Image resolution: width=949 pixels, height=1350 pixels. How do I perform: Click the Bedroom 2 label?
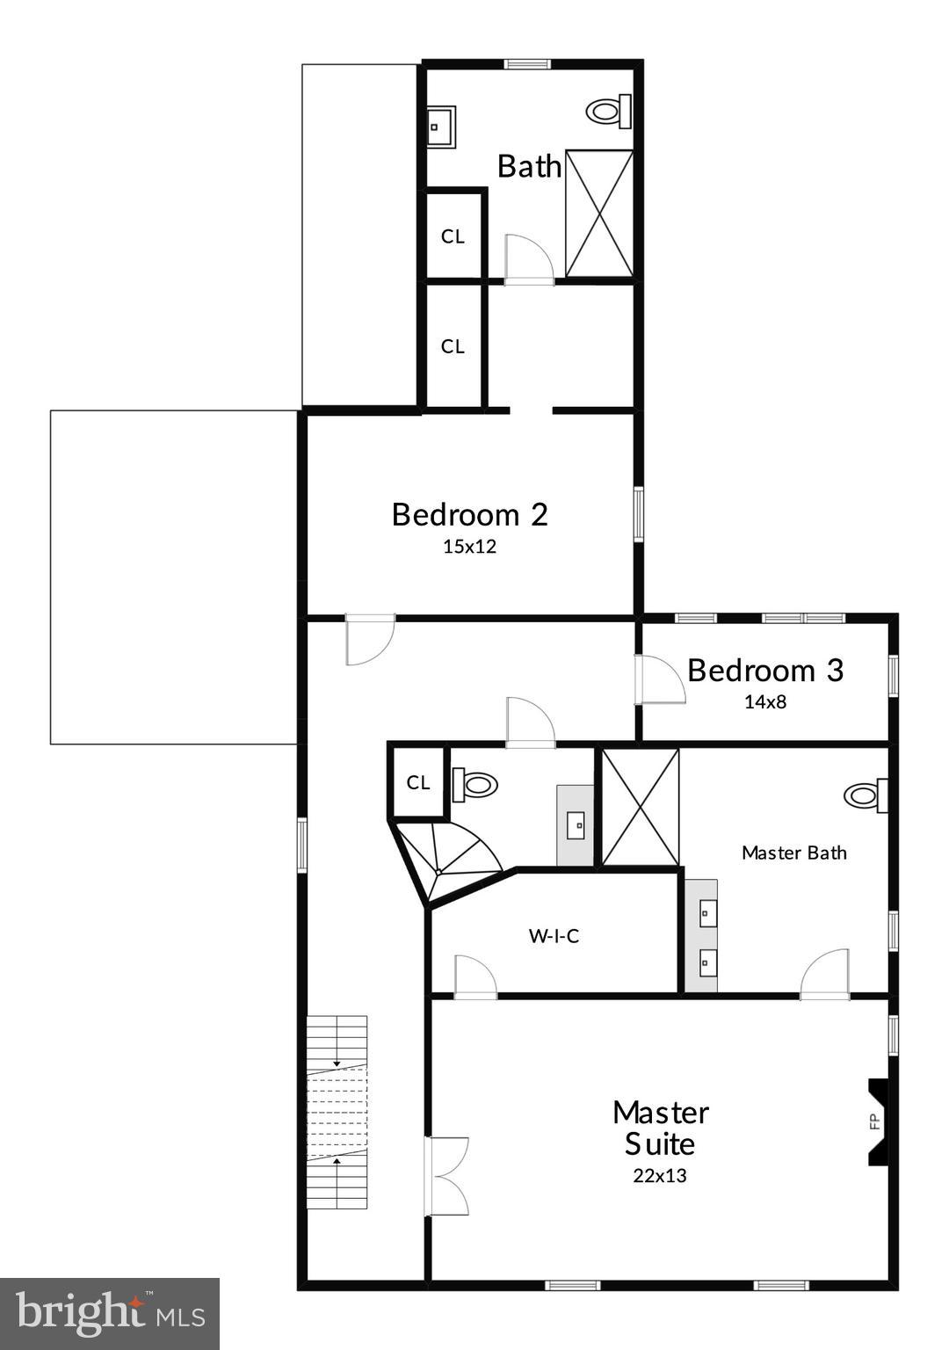(469, 514)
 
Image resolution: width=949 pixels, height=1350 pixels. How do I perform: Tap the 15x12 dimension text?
(469, 547)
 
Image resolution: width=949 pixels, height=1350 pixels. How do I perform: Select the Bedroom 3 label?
(764, 671)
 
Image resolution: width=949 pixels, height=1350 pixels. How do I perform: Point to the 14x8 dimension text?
(764, 702)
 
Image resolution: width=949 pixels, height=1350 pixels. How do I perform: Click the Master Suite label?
(660, 1128)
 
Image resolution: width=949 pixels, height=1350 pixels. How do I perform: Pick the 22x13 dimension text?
(659, 1176)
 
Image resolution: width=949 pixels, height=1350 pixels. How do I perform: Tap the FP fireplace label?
(874, 1121)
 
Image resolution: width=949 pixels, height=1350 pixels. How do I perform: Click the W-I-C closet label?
(554, 936)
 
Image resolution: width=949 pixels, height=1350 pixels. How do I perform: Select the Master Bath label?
(793, 853)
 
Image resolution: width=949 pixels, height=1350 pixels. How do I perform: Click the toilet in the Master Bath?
(865, 795)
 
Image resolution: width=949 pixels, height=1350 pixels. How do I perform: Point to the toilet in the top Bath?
(608, 111)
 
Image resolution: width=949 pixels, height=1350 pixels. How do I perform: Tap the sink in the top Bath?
(440, 127)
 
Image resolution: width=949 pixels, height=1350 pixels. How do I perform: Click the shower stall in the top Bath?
(599, 213)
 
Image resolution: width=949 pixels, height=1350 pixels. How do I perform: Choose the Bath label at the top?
(529, 166)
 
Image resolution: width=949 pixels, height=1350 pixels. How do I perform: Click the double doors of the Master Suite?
(446, 1176)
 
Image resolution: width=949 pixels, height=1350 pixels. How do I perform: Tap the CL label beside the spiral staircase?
(418, 782)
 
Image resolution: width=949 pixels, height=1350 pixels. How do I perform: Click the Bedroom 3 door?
(660, 680)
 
